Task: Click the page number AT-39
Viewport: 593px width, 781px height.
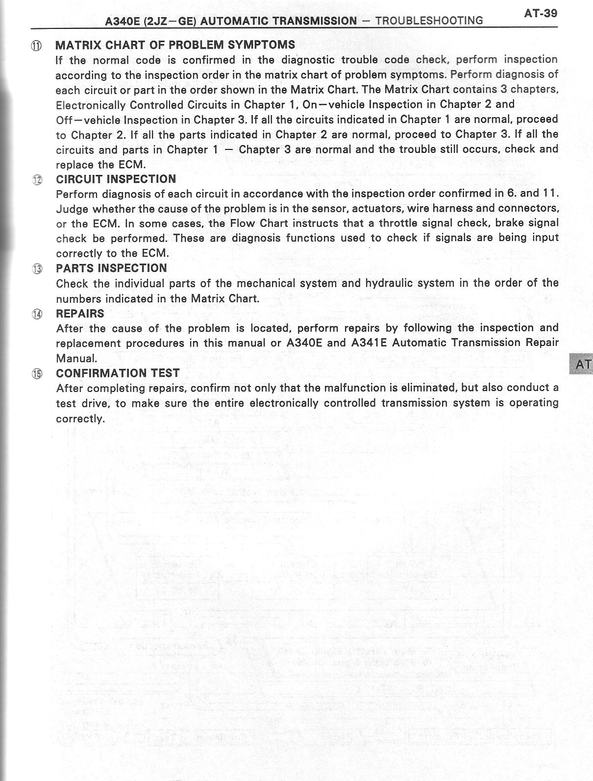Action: click(x=540, y=13)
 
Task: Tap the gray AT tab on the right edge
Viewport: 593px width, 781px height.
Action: click(x=581, y=364)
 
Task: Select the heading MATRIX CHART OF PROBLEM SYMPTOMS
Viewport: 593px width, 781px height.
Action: click(x=175, y=45)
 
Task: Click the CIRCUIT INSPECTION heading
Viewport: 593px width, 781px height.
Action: click(x=116, y=179)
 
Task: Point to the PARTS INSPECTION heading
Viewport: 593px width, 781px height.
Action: click(x=111, y=268)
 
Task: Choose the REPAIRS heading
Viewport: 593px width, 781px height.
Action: click(x=80, y=314)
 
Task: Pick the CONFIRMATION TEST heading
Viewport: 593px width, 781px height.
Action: click(x=118, y=373)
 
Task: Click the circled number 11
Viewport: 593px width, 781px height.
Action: click(x=37, y=46)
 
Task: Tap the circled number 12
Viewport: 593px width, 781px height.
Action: click(x=37, y=180)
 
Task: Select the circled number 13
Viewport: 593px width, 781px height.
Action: click(x=37, y=269)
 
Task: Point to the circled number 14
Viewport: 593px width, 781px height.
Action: click(x=37, y=315)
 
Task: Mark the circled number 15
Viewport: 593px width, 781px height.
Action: click(x=37, y=374)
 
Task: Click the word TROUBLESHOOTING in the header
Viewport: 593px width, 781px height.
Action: click(x=429, y=21)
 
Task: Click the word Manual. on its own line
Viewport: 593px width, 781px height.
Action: click(x=76, y=358)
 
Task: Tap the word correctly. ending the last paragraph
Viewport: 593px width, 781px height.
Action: click(x=80, y=419)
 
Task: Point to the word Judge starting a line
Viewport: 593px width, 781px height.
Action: click(x=72, y=209)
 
